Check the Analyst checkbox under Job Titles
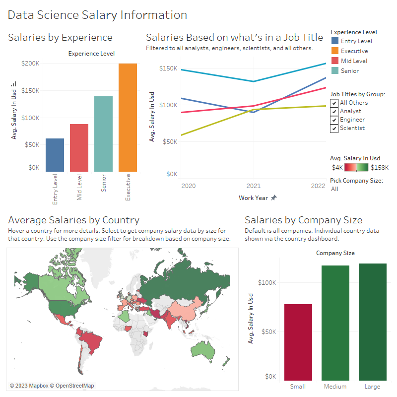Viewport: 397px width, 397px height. coord(334,111)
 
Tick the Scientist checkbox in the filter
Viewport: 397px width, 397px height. coord(334,128)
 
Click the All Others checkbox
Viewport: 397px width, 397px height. coord(334,103)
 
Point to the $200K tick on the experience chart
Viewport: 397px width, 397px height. coord(30,64)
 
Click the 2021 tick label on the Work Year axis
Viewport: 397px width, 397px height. coord(254,186)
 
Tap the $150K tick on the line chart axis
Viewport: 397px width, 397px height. coord(168,68)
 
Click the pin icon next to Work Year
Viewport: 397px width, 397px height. coord(273,198)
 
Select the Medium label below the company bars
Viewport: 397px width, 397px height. coord(335,387)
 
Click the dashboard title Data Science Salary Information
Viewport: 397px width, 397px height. coord(98,15)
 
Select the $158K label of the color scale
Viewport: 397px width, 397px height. coord(380,168)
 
